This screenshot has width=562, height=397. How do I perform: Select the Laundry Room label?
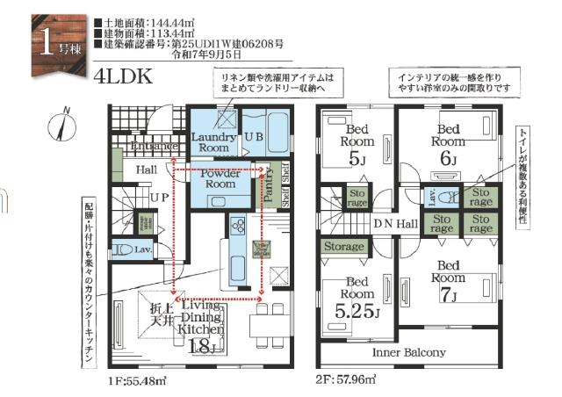[213, 143]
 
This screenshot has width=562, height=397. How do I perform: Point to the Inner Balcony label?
[409, 352]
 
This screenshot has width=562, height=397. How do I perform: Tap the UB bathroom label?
[254, 137]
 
